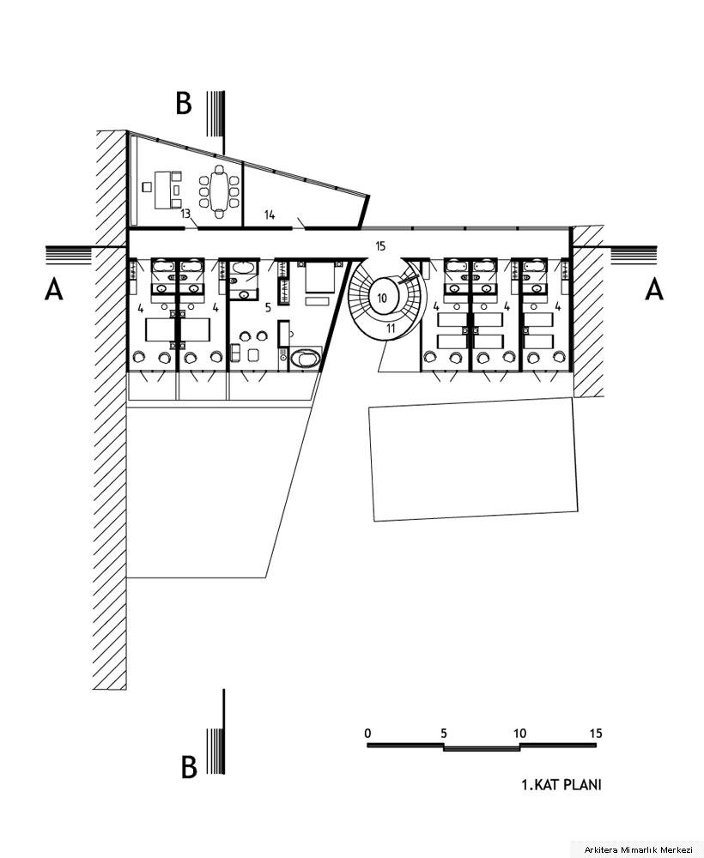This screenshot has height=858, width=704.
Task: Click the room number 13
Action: point(186,214)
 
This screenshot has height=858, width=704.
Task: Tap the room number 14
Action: point(270,215)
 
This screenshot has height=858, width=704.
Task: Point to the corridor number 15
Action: point(380,246)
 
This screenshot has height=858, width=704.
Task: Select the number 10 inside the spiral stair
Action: point(382,299)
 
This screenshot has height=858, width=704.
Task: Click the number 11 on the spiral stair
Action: point(391,329)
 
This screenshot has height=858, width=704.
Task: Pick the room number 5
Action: point(268,307)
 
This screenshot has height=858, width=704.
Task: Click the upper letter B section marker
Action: point(184,103)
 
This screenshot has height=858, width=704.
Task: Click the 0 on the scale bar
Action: point(367,733)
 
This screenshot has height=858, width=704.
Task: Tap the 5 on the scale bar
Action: point(444,733)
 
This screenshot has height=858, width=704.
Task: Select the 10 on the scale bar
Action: point(519,733)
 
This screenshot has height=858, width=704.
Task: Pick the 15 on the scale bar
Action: point(596,733)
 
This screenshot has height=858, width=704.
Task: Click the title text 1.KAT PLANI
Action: point(561,784)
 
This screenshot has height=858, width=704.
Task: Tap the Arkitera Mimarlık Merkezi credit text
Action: point(638,849)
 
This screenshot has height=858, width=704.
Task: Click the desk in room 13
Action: point(163,190)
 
